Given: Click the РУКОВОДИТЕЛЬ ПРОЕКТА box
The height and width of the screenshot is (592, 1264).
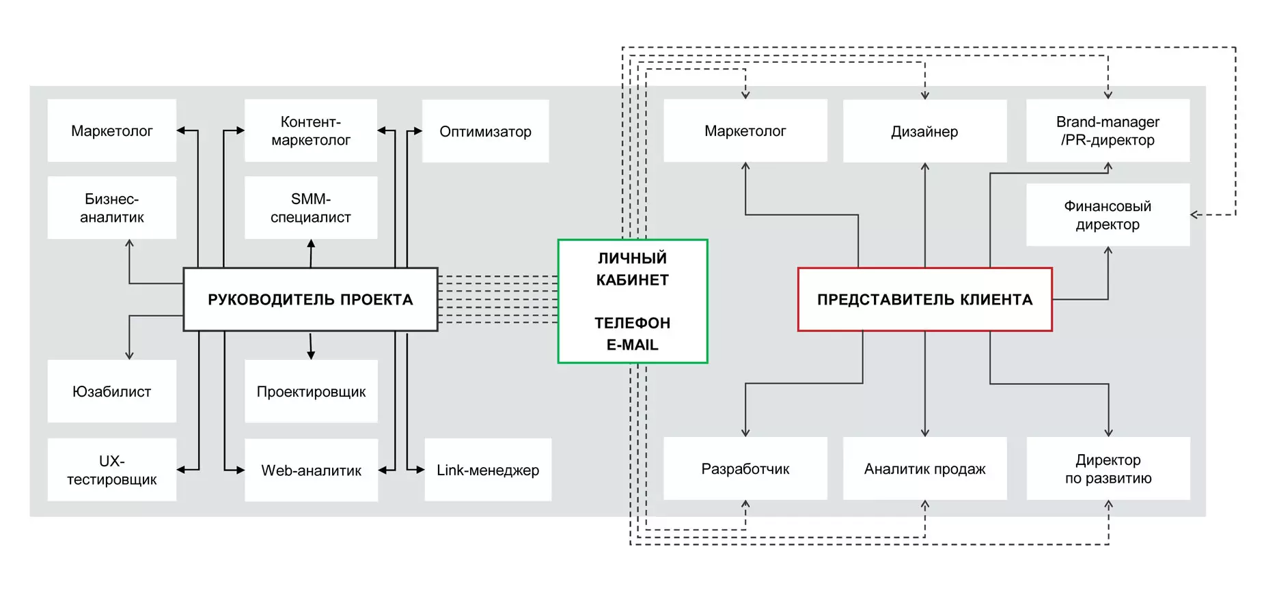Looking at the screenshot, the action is coord(310,299).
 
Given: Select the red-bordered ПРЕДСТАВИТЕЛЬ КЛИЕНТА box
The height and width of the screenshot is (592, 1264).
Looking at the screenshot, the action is coord(924,299).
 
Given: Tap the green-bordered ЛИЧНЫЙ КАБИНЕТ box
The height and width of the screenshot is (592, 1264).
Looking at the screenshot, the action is coord(633,301).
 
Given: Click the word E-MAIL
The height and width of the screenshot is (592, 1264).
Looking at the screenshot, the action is coord(633,345).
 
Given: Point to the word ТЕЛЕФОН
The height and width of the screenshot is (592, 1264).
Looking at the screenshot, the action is coord(633,323).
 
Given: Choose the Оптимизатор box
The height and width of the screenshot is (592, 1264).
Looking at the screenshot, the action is coord(486,131).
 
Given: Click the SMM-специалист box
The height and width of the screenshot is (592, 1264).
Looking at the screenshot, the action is coord(311,208).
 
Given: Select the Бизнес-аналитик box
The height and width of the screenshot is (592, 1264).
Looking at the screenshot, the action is coord(112,208).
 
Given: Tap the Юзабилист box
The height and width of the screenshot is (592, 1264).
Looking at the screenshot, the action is coord(112,391).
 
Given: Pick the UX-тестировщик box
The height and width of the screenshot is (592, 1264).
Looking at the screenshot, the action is coord(112,470).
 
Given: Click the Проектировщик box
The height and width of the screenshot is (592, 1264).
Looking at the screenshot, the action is coord(312,391).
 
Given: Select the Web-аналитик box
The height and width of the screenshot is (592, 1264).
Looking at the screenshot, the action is coord(312,470).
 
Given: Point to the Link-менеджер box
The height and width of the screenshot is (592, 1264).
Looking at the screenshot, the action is coord(488,470).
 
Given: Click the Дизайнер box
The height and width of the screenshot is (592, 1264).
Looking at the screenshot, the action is coord(925,131).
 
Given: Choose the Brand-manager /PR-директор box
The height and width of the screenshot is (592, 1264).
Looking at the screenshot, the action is coord(1108,130).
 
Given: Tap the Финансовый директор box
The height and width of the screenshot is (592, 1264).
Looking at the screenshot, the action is coord(1108,214).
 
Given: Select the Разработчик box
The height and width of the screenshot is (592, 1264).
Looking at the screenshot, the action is coord(745,468).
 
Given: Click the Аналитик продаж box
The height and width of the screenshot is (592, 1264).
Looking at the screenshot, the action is coord(925,468).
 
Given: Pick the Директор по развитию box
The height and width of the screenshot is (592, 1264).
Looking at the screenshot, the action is coord(1108,468).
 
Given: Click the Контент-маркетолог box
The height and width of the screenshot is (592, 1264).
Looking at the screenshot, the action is coord(311,130).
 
